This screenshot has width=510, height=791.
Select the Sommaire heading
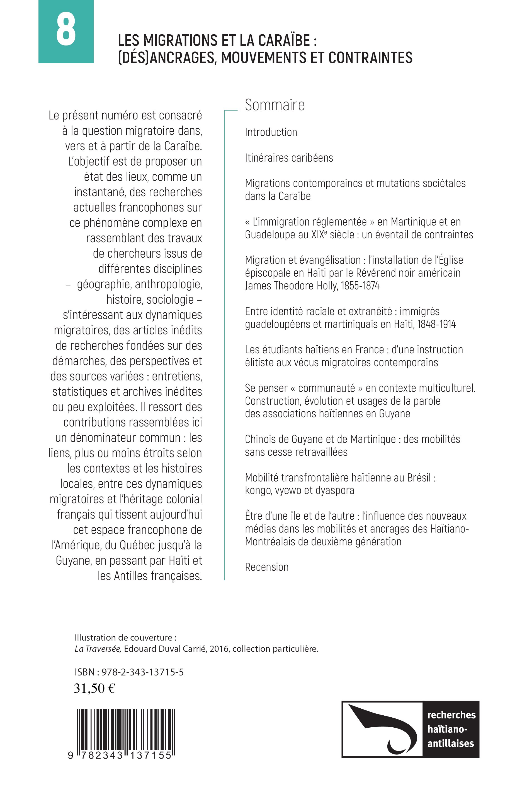tap(275, 105)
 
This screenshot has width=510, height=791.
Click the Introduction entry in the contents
tap(271, 132)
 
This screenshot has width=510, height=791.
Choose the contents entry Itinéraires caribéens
tap(289, 158)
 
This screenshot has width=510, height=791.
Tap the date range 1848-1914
tap(436, 324)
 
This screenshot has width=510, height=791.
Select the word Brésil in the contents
tap(419, 478)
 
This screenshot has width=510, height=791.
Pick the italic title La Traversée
tap(98, 649)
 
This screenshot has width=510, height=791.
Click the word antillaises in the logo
tap(450, 743)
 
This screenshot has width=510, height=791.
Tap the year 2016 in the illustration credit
tap(219, 649)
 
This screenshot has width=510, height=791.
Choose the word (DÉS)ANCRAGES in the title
tap(167, 58)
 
